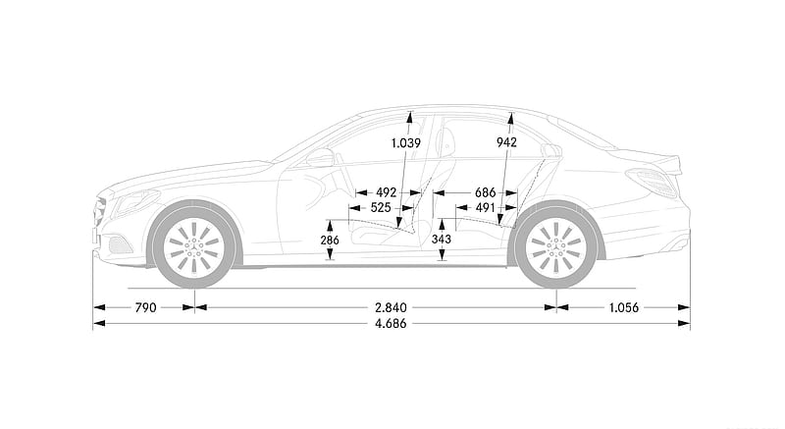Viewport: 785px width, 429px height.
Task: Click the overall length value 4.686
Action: point(391,323)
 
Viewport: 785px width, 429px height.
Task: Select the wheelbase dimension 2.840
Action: point(391,307)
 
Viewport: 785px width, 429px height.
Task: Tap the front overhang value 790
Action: point(145,307)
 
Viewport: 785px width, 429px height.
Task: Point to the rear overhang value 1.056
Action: point(624,307)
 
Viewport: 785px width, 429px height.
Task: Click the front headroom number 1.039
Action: point(406,143)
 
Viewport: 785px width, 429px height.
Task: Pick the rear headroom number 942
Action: point(506,142)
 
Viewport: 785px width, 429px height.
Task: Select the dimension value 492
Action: point(386,192)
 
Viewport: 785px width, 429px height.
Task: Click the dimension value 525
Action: point(381,207)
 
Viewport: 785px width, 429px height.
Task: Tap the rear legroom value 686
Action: point(485,192)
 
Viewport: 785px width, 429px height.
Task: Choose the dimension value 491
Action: point(485,207)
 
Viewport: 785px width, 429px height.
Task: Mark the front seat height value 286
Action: point(330,241)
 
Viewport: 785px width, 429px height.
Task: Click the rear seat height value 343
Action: point(441,240)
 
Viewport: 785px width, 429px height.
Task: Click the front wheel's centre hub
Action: point(193,246)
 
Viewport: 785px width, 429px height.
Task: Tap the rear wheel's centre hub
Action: point(555,246)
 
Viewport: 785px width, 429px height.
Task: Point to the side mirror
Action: point(320,158)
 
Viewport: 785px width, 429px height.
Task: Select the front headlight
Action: point(134,201)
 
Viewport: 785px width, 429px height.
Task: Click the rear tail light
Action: point(653,183)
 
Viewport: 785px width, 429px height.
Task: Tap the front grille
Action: point(100,213)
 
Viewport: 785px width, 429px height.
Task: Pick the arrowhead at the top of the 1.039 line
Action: point(409,117)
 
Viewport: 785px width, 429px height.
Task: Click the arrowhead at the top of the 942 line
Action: point(510,118)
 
